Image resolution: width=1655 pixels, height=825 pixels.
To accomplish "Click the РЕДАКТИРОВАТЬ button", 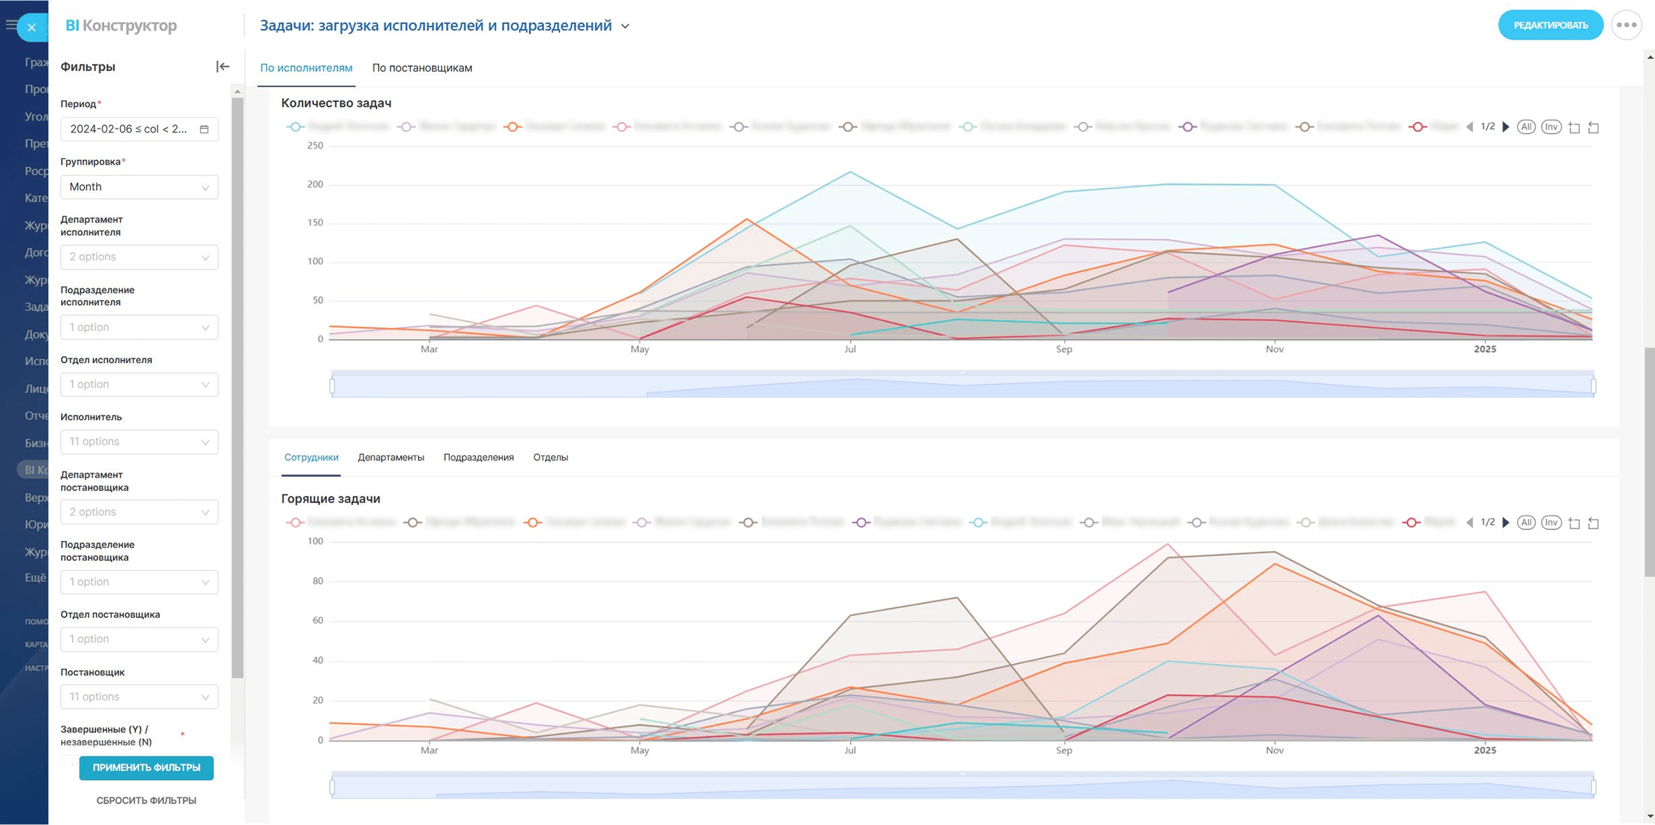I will coord(1550,26).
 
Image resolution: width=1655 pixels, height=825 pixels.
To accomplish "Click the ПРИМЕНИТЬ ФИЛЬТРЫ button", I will coord(147,767).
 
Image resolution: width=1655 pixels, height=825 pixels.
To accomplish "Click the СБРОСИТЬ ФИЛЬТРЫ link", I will coord(147,800).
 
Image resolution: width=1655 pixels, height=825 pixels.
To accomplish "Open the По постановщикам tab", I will coord(422,68).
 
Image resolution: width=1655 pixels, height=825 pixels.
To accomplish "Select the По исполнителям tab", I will coord(306,68).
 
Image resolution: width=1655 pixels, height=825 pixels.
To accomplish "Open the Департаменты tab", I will coord(391,458).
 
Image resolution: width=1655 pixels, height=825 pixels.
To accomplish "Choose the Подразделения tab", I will coord(479,458).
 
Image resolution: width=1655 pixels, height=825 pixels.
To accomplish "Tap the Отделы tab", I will coord(551,458).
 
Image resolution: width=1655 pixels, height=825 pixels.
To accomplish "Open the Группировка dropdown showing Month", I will coord(139,187).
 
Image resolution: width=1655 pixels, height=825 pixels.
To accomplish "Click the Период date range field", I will coord(139,129).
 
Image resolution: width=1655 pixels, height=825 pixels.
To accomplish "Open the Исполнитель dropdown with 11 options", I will coord(139,441).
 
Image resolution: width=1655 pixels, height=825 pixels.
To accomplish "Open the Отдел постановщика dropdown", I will coord(139,639).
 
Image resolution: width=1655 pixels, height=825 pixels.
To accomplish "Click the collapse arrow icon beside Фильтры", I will coord(223,67).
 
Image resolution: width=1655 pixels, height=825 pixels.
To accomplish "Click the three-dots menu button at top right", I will coord(1627,26).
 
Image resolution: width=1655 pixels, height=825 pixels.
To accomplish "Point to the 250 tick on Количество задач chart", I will coord(315,146).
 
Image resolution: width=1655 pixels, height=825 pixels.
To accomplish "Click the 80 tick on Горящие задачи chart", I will coord(318,581).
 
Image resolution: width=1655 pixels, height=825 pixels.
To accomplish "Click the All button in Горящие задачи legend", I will coord(1526,523).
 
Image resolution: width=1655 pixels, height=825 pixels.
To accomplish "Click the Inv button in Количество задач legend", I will coord(1551,127).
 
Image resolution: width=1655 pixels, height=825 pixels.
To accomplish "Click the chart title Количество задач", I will coord(336,103).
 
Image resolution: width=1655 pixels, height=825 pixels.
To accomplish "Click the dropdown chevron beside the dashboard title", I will coord(625,26).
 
